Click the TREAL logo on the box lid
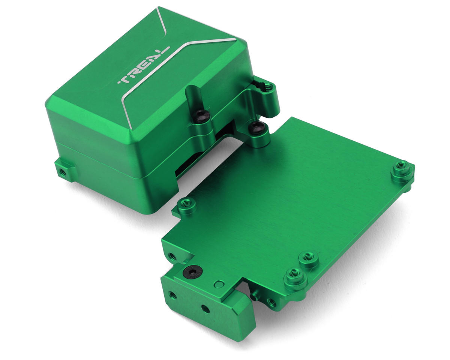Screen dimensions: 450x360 point(143,65)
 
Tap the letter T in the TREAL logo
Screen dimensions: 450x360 point(125,80)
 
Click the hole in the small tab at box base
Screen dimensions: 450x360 point(63,172)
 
